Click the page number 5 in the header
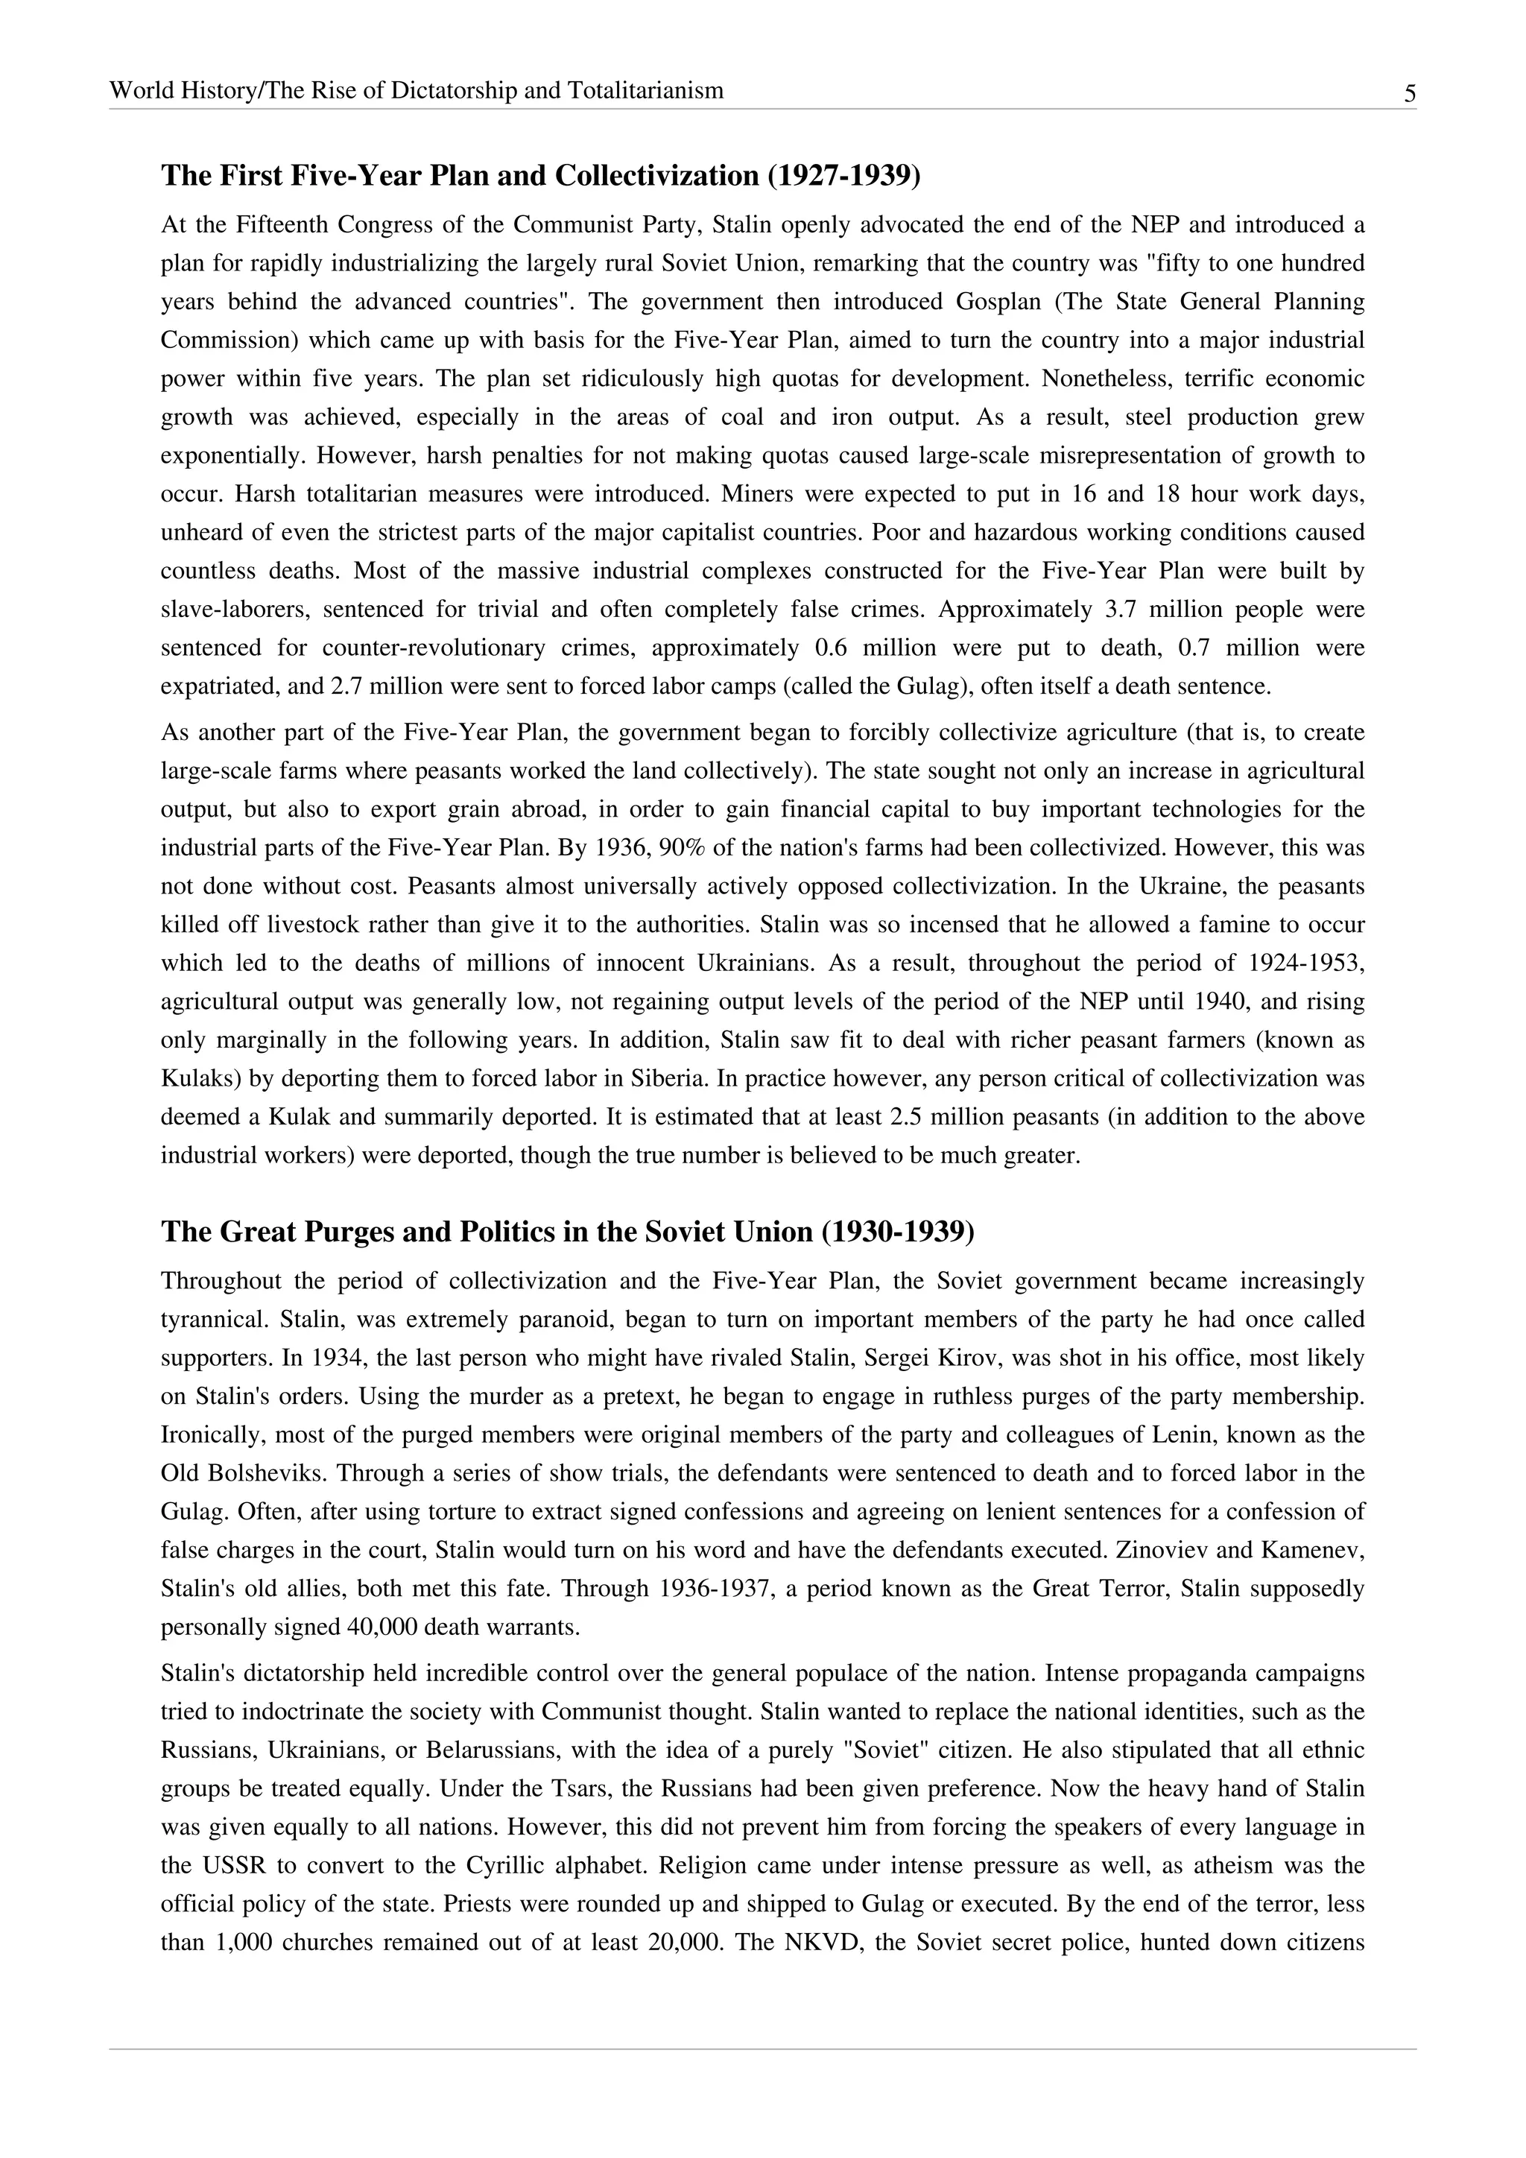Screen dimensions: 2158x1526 point(1410,93)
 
